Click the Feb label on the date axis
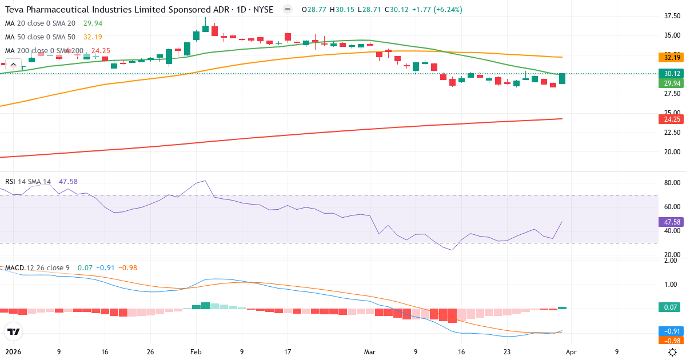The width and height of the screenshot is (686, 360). (196, 352)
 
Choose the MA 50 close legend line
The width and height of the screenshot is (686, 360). (40, 37)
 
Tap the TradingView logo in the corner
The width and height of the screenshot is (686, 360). (13, 331)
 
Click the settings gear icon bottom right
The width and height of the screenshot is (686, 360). (673, 352)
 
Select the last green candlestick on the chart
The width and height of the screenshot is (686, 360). (563, 79)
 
